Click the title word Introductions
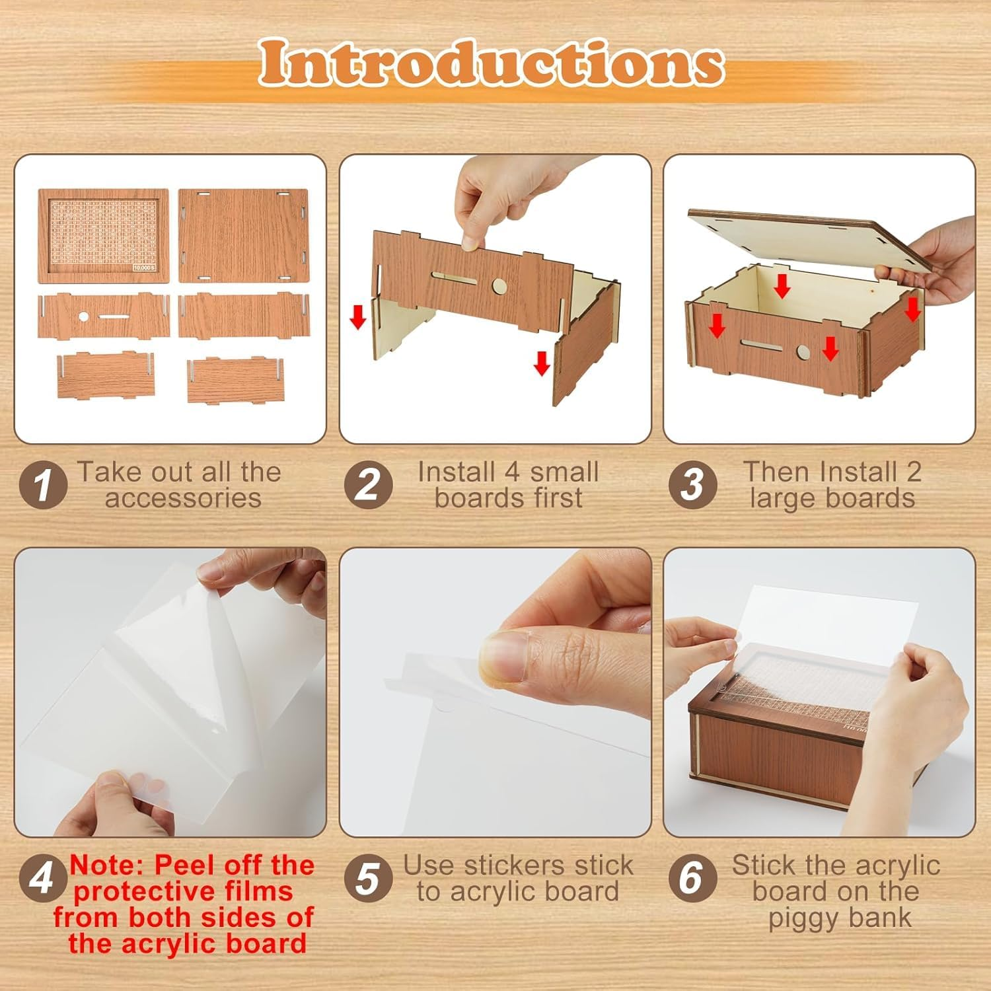tap(492, 64)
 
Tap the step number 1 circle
tap(43, 486)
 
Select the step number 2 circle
tap(368, 486)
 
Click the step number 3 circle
tap(692, 486)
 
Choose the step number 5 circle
tap(368, 879)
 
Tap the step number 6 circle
tap(692, 879)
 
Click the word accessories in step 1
tap(183, 499)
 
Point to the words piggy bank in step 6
tap(840, 918)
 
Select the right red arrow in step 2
tap(542, 362)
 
